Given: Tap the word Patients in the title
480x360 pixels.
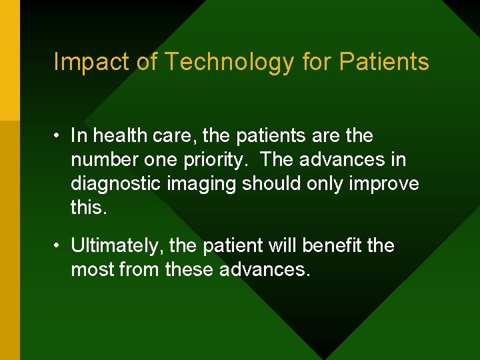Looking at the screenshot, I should click(x=384, y=62).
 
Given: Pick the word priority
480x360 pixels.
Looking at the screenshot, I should click(x=216, y=159).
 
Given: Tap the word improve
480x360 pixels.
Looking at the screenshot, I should click(x=385, y=183).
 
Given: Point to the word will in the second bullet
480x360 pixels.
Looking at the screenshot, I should click(x=283, y=245).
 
